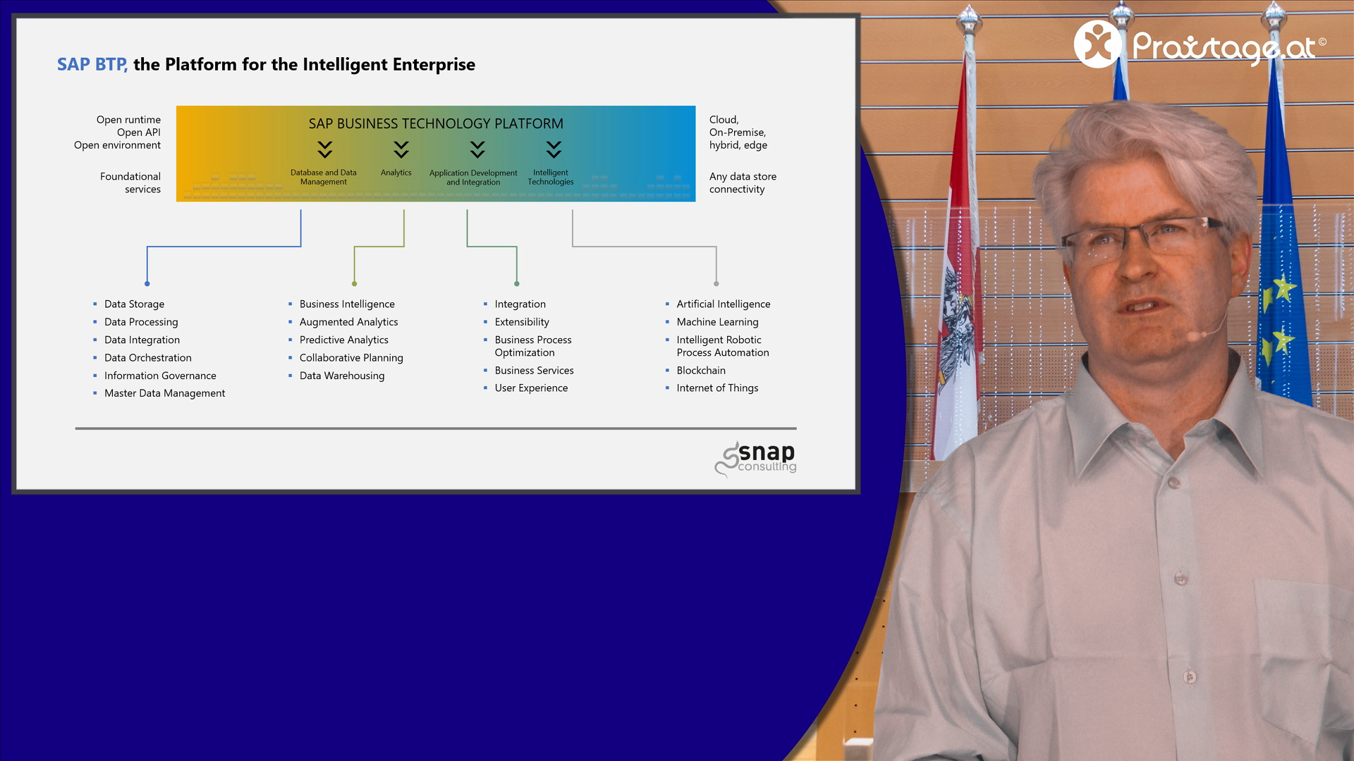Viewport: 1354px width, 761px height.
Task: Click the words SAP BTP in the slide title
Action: point(92,65)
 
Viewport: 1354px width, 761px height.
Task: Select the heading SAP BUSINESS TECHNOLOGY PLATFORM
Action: point(436,124)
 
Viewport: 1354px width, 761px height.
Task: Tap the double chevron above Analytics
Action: point(401,149)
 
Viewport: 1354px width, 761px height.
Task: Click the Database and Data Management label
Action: point(324,178)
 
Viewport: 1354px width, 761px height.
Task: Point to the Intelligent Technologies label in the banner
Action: point(551,178)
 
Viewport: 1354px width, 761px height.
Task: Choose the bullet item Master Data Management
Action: point(164,394)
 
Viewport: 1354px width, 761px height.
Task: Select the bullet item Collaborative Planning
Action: point(351,358)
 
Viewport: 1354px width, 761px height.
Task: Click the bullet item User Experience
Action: point(531,388)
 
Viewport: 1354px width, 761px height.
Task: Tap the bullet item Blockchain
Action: point(701,371)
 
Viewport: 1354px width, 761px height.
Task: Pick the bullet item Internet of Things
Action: point(717,388)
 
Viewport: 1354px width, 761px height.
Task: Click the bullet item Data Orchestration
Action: point(148,358)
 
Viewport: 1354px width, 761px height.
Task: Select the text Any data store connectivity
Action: point(743,183)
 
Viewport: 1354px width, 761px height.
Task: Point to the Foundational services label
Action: point(130,183)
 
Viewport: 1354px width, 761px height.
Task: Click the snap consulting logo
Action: point(756,459)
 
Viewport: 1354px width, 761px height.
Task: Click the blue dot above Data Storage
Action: point(147,284)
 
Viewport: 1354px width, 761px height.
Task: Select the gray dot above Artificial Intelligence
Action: point(716,284)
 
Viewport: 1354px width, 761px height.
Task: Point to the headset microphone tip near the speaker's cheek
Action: point(1193,337)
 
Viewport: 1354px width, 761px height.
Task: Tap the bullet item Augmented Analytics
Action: point(348,322)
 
